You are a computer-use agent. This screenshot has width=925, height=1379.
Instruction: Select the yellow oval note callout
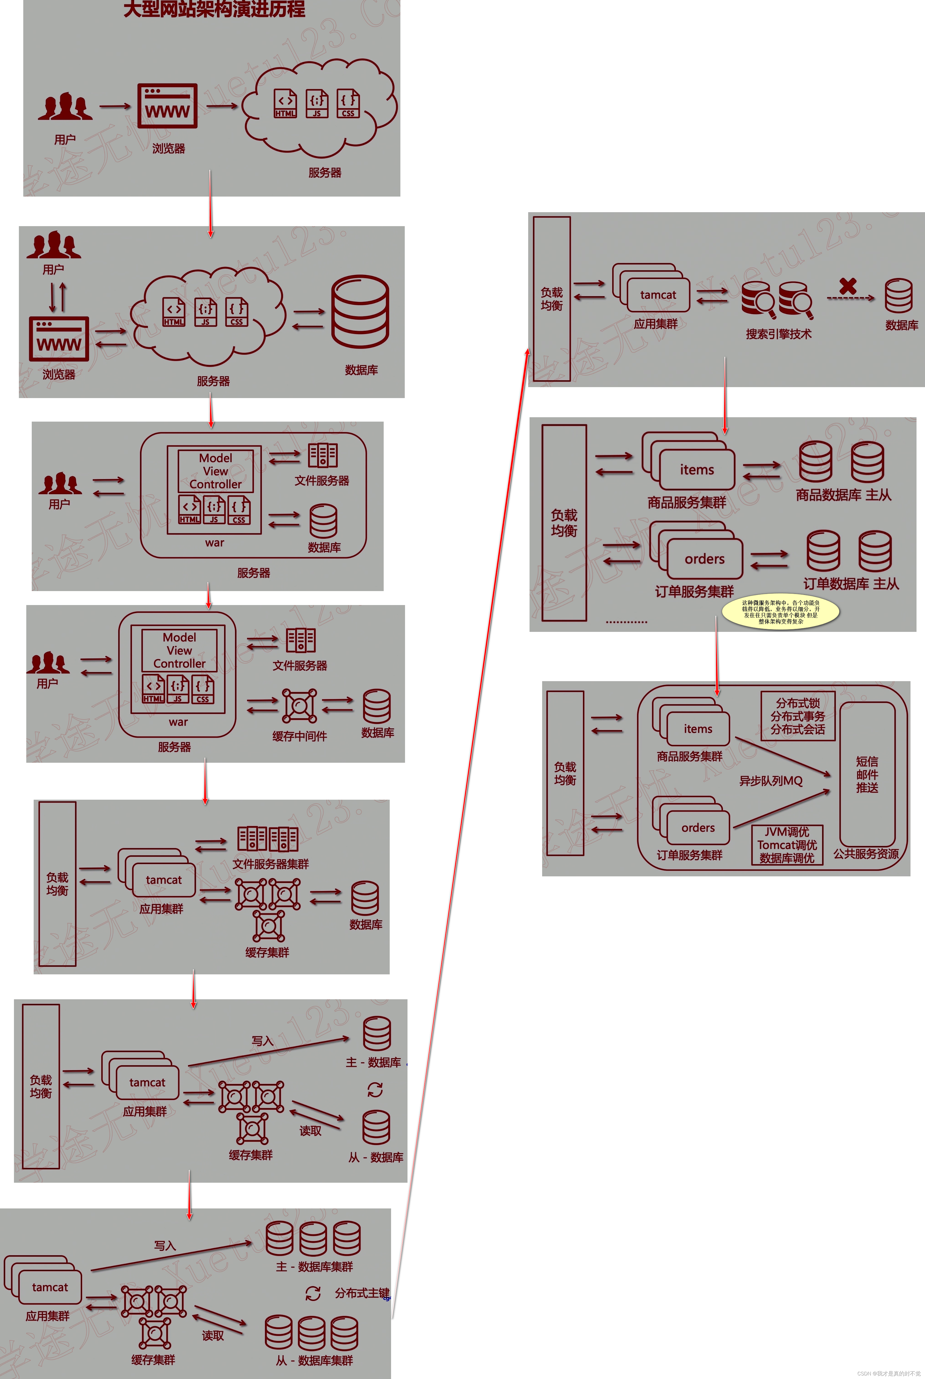click(x=781, y=612)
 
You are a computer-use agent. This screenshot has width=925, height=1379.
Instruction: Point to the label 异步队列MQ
click(x=770, y=781)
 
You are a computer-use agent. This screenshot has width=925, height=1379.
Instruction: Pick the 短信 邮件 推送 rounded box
click(x=867, y=774)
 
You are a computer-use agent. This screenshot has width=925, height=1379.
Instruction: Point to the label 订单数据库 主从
click(x=851, y=584)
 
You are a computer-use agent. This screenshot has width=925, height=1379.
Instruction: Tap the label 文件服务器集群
click(x=270, y=864)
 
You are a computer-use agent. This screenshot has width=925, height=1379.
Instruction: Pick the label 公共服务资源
click(x=865, y=854)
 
